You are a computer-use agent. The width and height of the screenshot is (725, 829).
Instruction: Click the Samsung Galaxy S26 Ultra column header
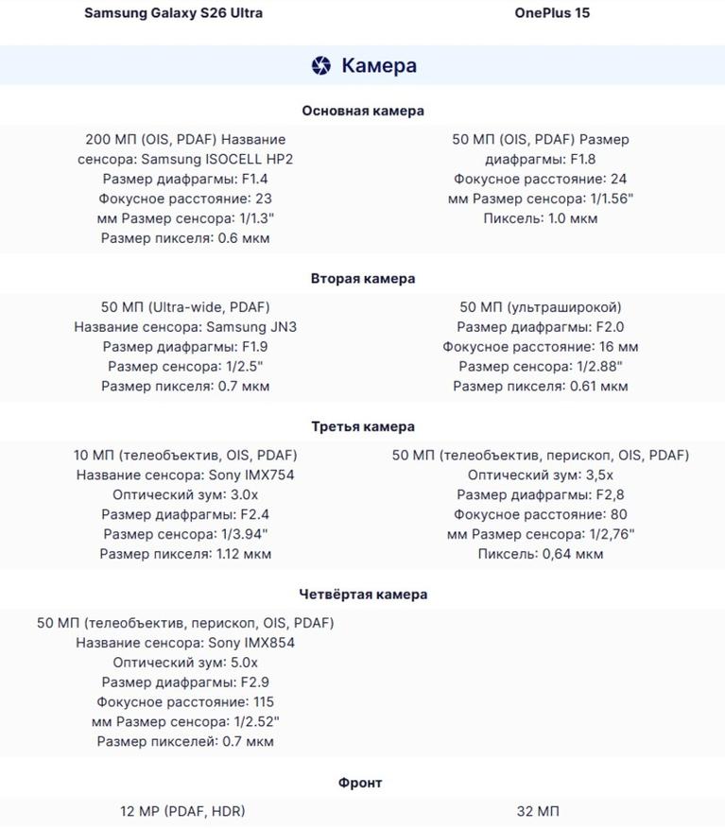pos(173,13)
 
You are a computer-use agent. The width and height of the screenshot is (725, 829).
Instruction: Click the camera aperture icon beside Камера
pos(321,65)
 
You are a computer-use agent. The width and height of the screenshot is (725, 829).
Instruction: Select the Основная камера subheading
pos(363,111)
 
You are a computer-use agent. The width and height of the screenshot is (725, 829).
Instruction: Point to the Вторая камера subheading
pos(363,279)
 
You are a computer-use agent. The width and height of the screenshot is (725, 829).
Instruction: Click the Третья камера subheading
pos(363,426)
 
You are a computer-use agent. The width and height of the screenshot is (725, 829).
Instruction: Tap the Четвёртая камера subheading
pos(363,595)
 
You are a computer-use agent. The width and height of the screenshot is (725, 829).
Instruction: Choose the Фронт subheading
pos(360,783)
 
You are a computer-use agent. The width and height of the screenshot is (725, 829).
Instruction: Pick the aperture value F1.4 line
pos(185,179)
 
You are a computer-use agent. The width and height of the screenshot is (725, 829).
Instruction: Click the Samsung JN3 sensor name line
pos(185,327)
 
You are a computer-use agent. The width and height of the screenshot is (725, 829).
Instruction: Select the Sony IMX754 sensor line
pos(185,475)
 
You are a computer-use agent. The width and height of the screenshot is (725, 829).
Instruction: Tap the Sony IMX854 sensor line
pos(185,643)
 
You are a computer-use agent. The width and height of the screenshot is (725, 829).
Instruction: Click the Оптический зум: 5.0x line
pos(185,663)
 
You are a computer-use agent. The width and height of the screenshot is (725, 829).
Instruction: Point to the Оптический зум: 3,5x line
pos(540,475)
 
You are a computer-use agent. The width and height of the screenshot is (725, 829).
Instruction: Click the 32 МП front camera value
pos(540,811)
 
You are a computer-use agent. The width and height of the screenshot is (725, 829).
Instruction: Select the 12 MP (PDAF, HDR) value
pos(182,811)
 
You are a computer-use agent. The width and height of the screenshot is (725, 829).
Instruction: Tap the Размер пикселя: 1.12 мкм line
pos(185,554)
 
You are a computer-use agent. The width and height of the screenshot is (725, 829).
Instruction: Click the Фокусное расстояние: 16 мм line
pos(540,347)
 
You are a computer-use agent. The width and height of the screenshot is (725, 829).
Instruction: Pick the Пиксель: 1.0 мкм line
pos(540,218)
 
